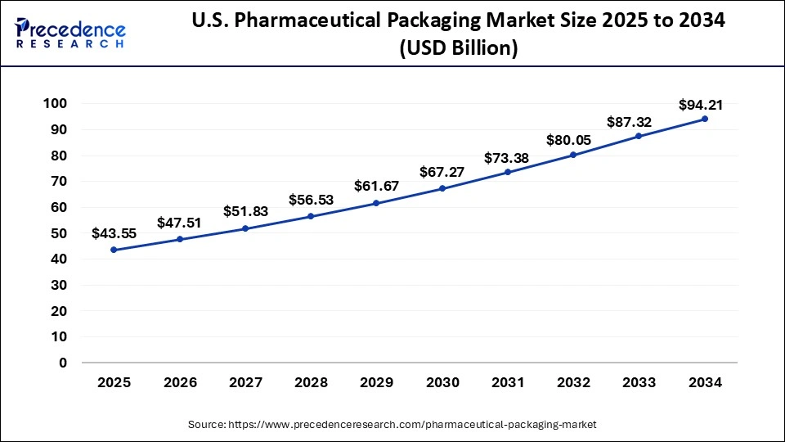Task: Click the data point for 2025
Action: click(114, 250)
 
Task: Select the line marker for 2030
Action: click(442, 188)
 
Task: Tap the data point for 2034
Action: click(705, 119)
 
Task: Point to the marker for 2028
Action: click(311, 216)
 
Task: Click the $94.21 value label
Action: click(701, 105)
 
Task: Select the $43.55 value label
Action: click(114, 234)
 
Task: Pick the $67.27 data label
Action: click(442, 172)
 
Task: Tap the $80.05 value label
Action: click(573, 139)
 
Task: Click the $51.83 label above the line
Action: click(245, 211)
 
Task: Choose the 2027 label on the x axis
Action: click(245, 382)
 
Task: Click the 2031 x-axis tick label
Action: click(508, 382)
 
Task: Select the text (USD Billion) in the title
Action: click(457, 47)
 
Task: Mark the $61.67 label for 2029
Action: click(376, 187)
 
